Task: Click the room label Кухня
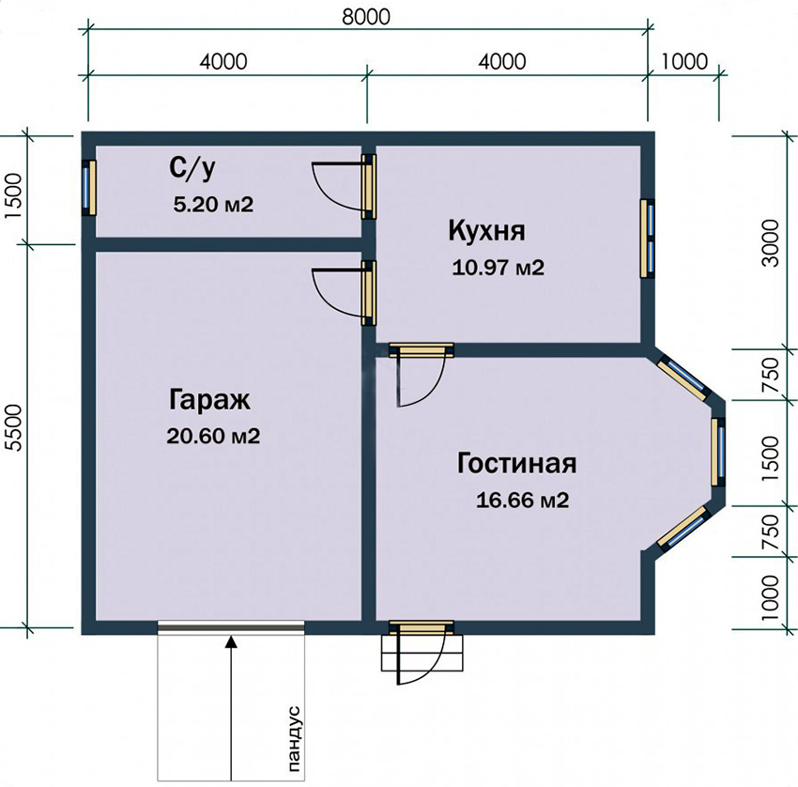486,231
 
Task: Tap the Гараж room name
209,400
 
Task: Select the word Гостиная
516,464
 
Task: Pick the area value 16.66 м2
523,500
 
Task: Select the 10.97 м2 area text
498,268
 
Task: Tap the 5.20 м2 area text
213,204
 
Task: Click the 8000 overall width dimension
364,16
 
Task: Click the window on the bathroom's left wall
88,187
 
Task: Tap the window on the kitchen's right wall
647,239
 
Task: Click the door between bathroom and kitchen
368,185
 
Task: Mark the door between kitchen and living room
421,350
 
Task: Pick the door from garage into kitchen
368,292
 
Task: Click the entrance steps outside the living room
422,652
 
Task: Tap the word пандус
291,738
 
